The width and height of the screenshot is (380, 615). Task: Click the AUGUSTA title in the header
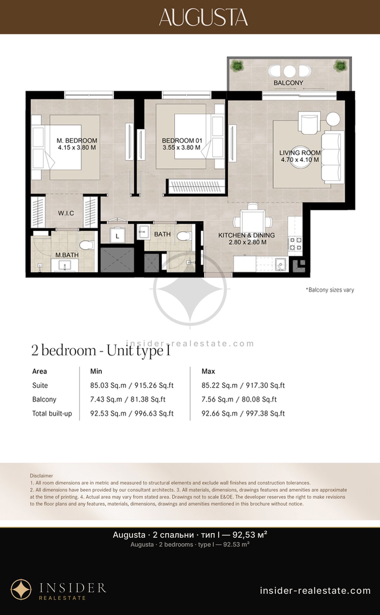tap(203, 17)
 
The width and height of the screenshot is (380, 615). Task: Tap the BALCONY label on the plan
tap(288, 83)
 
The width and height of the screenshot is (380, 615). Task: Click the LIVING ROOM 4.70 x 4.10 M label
tap(300, 156)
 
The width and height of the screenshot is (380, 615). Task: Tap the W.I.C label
tap(66, 213)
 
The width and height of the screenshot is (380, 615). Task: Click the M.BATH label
tap(67, 255)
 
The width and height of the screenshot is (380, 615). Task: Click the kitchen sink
tap(280, 264)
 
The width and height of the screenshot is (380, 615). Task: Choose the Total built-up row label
tap(52, 413)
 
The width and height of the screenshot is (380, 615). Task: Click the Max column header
tap(208, 371)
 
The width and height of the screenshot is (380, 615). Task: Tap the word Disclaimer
tap(41, 476)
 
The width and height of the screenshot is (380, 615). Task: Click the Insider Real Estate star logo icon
tap(21, 590)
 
